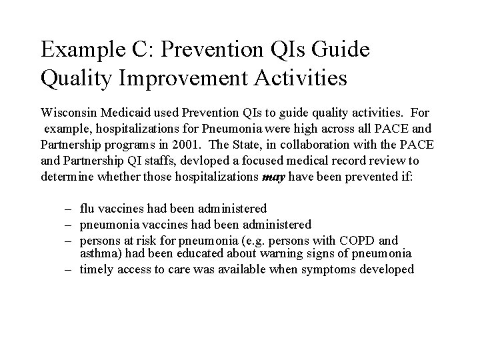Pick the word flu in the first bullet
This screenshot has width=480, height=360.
pos(87,209)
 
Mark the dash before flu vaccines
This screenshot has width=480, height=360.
pos(69,209)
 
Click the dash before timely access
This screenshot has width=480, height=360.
pos(69,270)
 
